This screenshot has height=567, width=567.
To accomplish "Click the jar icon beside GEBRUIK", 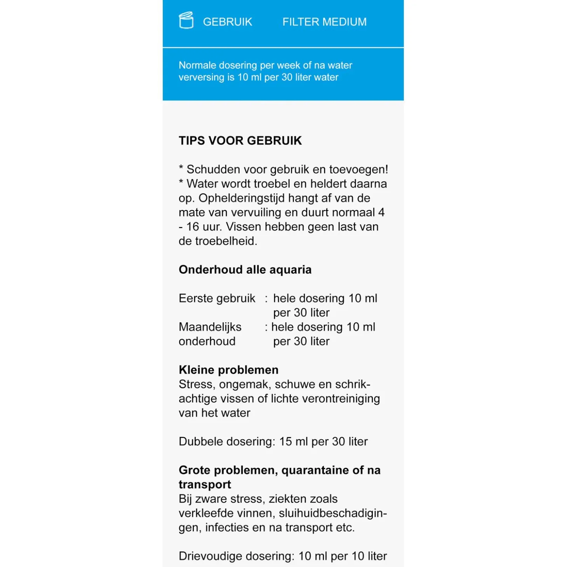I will coord(186,21).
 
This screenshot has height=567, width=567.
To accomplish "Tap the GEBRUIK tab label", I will coord(228,22).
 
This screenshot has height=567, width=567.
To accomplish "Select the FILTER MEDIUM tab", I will coord(324,22).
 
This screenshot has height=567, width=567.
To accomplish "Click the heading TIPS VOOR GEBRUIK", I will coord(240,141).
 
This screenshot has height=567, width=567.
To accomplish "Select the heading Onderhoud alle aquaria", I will coord(245,270).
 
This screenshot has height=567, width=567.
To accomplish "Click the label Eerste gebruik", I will coord(217,298).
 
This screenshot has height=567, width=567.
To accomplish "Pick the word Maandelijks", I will coord(210,327).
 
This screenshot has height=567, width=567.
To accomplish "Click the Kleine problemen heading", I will coord(228,370).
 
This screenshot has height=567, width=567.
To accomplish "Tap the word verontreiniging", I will coord(341,398).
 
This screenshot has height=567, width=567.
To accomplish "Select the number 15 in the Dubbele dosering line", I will coord(285,442).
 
